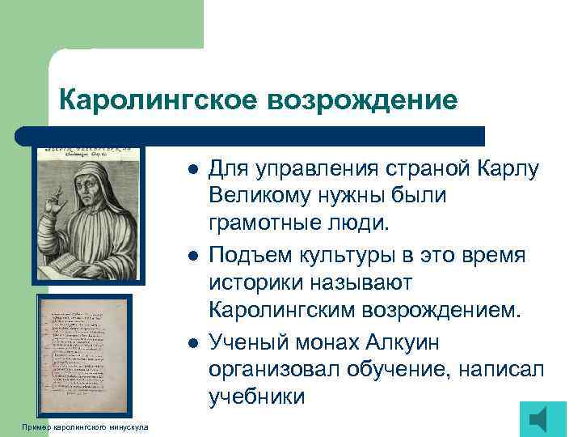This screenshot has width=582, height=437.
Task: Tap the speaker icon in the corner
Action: [542, 419]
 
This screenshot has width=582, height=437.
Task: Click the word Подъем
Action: [243, 257]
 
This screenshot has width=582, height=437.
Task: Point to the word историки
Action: [254, 284]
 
